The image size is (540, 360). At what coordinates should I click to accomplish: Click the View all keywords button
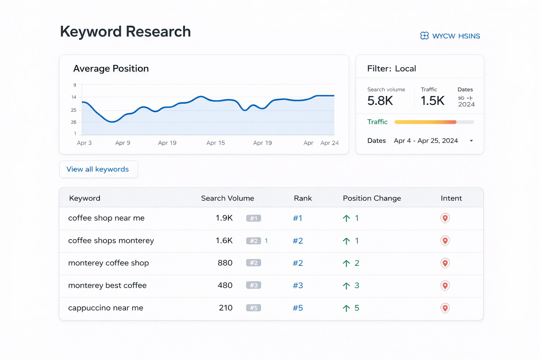tap(98, 169)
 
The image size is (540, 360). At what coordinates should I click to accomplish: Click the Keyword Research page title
tap(126, 32)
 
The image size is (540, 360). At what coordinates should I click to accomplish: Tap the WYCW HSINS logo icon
tap(424, 36)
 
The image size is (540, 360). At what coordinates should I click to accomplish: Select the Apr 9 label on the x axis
tap(123, 143)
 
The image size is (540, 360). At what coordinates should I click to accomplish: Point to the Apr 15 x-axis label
tap(216, 143)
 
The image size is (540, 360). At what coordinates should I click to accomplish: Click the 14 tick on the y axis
tap(74, 97)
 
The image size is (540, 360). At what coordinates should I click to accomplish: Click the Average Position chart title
tap(111, 69)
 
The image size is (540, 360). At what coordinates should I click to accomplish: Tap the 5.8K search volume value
tap(380, 101)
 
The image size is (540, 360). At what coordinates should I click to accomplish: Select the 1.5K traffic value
tap(432, 101)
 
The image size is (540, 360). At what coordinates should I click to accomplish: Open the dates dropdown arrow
tap(471, 141)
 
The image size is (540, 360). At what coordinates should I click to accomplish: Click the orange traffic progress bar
tap(425, 122)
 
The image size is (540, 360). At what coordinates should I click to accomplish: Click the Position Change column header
tap(372, 198)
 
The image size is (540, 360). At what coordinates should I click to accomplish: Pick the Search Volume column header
tap(227, 198)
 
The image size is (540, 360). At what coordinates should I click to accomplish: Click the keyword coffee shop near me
tap(106, 218)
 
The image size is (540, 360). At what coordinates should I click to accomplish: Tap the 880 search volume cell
tap(225, 263)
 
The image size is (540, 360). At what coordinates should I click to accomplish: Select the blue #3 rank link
tap(298, 285)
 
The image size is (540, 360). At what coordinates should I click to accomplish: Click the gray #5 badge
tap(253, 308)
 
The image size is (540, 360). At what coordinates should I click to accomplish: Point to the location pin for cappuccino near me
tap(445, 308)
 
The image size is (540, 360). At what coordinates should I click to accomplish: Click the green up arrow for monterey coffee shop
tap(346, 263)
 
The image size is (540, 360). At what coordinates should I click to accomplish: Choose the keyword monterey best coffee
tap(107, 285)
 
